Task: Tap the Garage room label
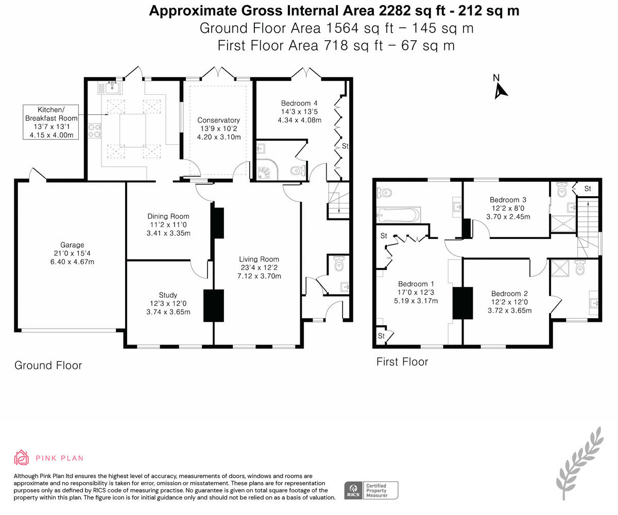point(72,245)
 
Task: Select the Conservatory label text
point(218,120)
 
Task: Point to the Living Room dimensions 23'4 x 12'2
point(259,268)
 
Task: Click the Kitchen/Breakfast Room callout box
point(51,122)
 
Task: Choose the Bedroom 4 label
point(299,104)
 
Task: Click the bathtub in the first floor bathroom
point(398,214)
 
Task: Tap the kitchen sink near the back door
point(109,88)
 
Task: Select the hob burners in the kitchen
point(95,131)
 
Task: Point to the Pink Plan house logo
point(21,458)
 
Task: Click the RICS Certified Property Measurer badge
point(371,490)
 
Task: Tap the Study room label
point(168,295)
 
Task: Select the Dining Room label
point(168,216)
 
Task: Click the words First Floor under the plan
point(402,362)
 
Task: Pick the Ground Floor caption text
point(48,365)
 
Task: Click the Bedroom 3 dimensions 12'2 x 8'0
point(508,208)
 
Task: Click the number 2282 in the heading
point(394,11)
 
